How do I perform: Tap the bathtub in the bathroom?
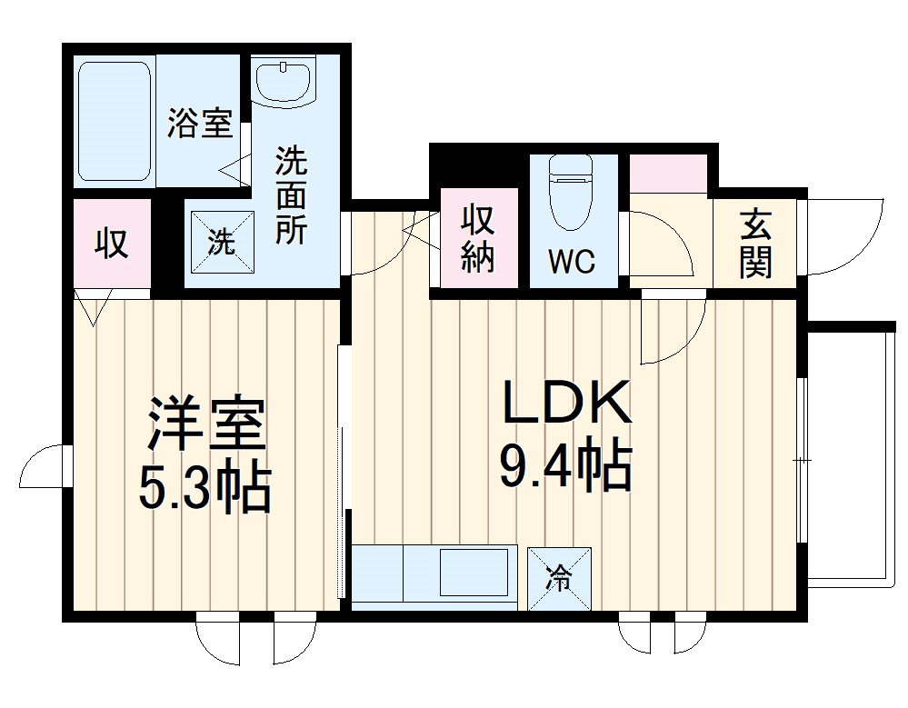114,121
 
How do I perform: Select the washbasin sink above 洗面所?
284,81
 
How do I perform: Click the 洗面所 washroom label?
291,194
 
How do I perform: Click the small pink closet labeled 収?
112,244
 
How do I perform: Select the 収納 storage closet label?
477,238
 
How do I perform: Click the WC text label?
573,262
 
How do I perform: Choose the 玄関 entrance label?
755,243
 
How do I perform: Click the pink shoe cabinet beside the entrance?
668,174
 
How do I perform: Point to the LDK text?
566,403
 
